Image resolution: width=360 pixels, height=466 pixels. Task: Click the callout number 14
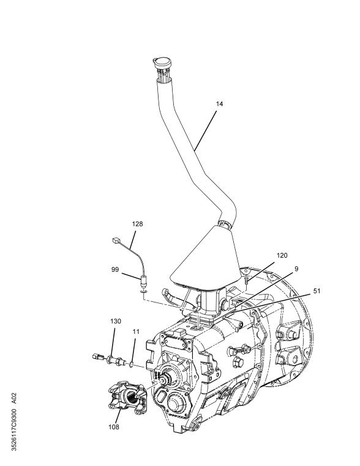click(x=219, y=104)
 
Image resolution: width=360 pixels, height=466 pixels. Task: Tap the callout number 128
click(x=138, y=224)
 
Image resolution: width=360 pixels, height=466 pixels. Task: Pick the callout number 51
click(x=317, y=291)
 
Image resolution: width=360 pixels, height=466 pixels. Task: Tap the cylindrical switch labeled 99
click(x=143, y=284)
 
